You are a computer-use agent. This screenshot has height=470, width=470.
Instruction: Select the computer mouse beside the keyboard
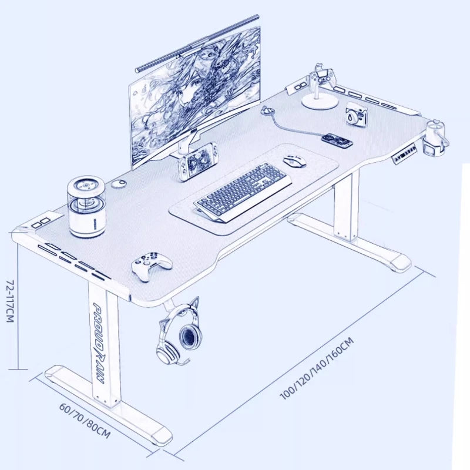[294, 160]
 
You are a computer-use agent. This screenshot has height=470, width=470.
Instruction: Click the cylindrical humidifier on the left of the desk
[86, 207]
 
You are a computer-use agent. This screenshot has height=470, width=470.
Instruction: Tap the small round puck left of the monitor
[119, 184]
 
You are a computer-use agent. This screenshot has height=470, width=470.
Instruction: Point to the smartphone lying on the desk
[338, 140]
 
